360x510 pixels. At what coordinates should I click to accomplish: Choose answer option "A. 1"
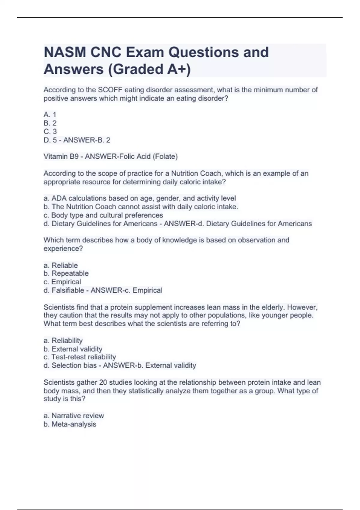tap(50, 115)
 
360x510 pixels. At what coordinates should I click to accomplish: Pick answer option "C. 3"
tap(50, 131)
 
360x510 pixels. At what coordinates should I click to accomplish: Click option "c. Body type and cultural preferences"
tap(103, 215)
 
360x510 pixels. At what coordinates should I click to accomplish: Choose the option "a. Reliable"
tap(61, 265)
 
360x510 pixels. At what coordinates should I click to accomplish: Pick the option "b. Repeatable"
tap(66, 273)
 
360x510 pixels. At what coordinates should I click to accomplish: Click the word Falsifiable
tap(68, 290)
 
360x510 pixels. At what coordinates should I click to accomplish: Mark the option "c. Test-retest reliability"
tap(79, 357)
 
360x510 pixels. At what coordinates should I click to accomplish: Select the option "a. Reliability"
tap(63, 340)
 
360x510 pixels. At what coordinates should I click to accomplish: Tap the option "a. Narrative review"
tap(73, 415)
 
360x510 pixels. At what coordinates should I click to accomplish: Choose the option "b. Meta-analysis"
tap(70, 424)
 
